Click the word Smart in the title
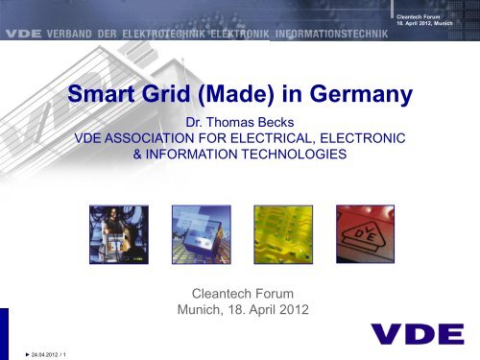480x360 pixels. (x=114, y=96)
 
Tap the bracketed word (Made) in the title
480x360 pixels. (x=261, y=96)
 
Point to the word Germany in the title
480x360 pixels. (x=364, y=96)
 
